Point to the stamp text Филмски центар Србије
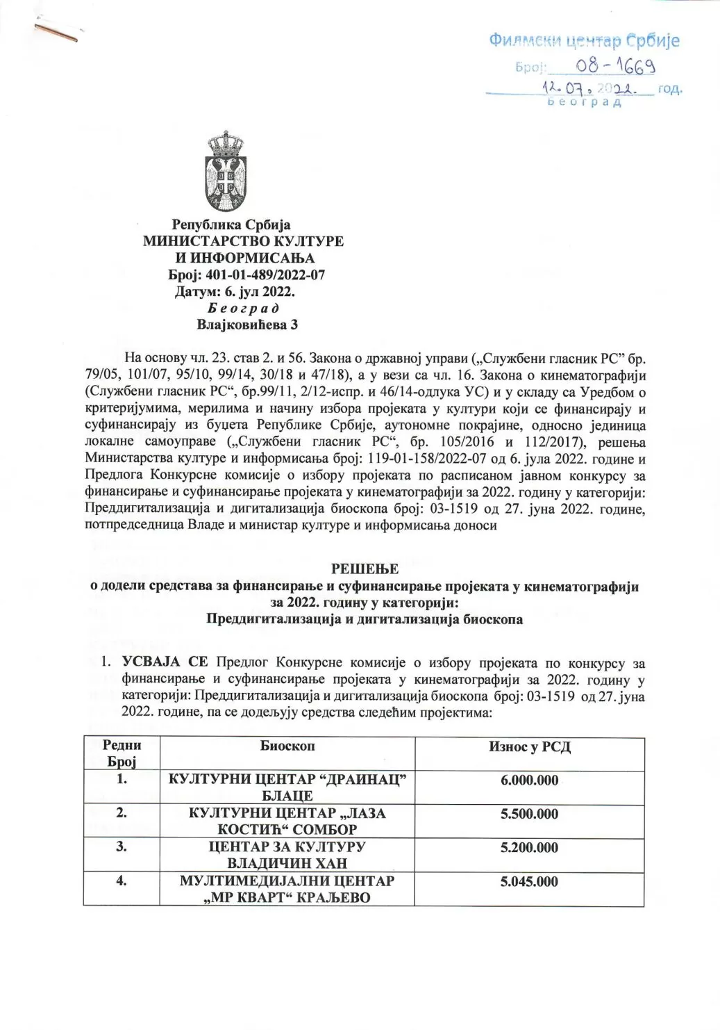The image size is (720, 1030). click(584, 40)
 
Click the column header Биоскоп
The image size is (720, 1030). click(287, 746)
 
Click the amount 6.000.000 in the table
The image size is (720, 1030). click(529, 780)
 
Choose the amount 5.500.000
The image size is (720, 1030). click(529, 814)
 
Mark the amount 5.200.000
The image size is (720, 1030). click(529, 847)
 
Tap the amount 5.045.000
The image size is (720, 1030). click(529, 881)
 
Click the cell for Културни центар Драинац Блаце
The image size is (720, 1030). click(287, 787)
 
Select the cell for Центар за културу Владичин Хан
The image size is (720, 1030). click(287, 856)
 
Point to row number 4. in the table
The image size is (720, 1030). click(122, 881)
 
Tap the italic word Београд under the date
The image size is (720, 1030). click(234, 307)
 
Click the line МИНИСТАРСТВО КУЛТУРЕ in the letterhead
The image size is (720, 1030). click(243, 241)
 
